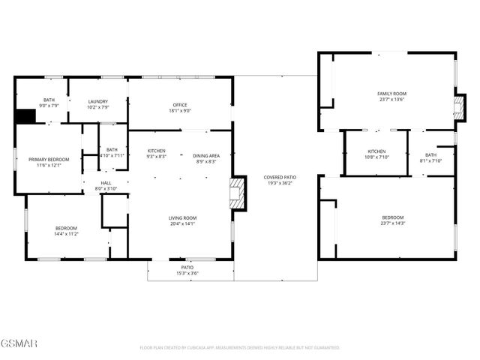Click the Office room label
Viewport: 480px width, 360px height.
coord(180,104)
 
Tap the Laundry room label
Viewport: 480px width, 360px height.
coord(97,101)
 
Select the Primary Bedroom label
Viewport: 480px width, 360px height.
coord(49,159)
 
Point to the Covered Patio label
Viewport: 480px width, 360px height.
coord(277,178)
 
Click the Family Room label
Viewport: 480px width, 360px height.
coord(391,93)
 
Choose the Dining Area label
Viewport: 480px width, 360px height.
coord(206,154)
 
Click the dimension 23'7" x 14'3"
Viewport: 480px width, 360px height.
coord(391,223)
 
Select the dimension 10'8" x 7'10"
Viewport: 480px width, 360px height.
coord(376,157)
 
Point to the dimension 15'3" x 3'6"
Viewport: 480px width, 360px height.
coord(187,273)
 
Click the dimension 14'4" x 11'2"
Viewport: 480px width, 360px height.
coord(66,234)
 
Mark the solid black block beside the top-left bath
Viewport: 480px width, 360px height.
coord(26,117)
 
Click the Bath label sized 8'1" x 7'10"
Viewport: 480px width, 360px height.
coord(431,154)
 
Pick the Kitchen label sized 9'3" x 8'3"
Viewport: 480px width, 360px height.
coord(157,151)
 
